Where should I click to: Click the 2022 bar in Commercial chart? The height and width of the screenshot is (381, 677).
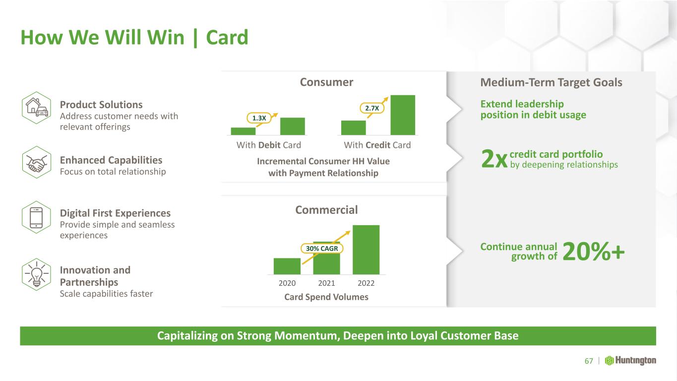(366, 250)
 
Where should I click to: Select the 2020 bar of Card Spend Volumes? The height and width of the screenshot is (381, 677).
(287, 266)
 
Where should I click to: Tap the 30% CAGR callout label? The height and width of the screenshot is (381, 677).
(322, 249)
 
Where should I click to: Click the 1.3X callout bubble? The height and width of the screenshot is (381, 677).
(259, 118)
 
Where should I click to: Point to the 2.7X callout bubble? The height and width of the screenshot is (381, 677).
(372, 108)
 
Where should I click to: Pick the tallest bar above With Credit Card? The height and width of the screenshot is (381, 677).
(403, 115)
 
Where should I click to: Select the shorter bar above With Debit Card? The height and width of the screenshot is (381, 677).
(244, 131)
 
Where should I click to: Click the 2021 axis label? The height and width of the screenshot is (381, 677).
(327, 283)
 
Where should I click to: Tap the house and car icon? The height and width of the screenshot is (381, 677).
(37, 108)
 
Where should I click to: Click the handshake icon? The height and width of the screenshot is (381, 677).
(37, 162)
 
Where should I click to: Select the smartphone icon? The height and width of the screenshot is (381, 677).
(37, 217)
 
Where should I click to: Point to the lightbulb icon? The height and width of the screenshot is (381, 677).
(37, 274)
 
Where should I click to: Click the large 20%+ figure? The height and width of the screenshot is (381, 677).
(594, 252)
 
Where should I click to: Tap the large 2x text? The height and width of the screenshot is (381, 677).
(494, 159)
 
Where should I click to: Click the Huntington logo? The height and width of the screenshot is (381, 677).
(630, 361)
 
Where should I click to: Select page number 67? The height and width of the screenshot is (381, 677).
(589, 361)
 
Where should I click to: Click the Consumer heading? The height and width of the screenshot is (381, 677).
(326, 82)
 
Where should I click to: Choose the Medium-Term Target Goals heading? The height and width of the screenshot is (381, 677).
(552, 82)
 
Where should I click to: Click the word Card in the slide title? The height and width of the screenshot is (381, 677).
(227, 38)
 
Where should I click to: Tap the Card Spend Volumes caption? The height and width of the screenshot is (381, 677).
(326, 297)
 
